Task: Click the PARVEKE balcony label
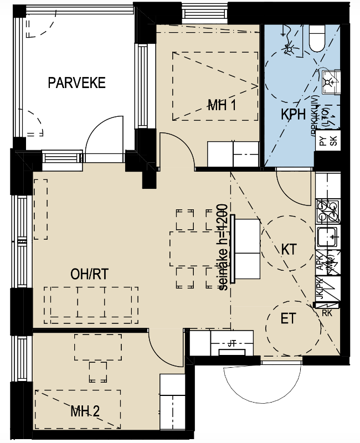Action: tap(76, 83)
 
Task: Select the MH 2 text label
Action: tap(85, 411)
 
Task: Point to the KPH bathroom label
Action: tap(294, 115)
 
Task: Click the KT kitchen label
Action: tap(289, 249)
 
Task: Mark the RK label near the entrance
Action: tap(327, 313)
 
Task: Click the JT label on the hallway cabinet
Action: tap(231, 344)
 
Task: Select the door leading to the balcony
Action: tap(105, 138)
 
